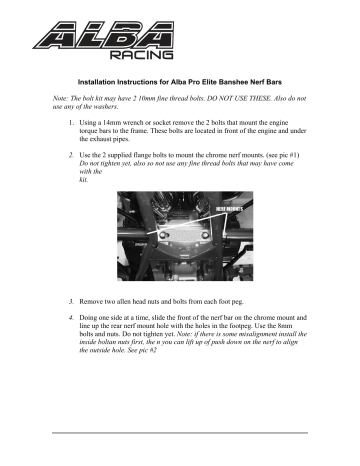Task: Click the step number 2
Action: point(70,157)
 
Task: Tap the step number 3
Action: point(70,300)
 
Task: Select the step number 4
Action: point(70,317)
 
